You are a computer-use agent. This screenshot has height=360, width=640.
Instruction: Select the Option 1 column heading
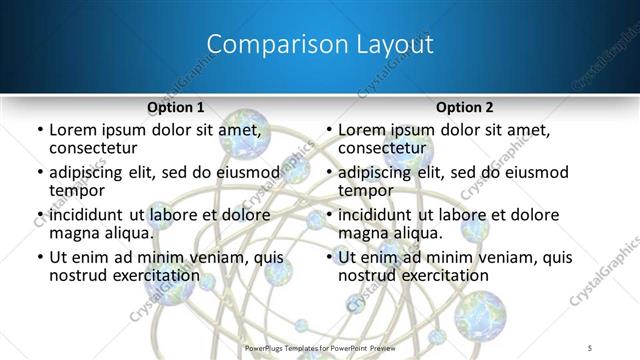(x=175, y=107)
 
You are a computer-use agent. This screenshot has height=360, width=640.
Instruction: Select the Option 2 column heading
(x=464, y=107)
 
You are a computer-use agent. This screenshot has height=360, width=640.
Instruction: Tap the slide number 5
(x=591, y=348)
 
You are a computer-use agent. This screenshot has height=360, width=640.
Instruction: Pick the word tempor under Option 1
(x=78, y=190)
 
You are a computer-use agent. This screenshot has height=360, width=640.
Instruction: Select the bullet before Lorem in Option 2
(x=328, y=131)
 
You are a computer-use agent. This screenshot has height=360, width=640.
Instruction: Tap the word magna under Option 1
(x=76, y=233)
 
